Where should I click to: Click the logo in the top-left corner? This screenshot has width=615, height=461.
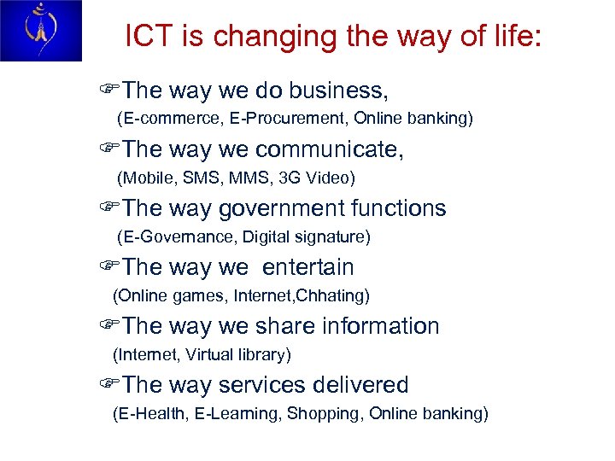click(x=41, y=31)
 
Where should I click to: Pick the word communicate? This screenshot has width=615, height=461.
click(x=329, y=149)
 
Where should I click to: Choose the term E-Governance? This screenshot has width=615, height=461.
click(x=179, y=236)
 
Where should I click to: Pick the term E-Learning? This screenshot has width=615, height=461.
click(x=237, y=414)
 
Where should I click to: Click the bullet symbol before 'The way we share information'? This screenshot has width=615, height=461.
click(x=107, y=326)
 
